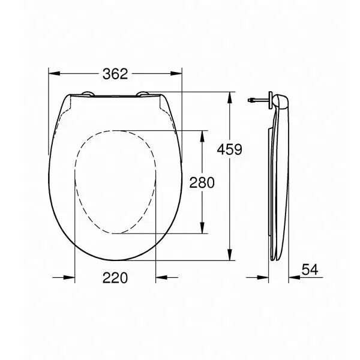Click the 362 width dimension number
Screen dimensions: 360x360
click(x=115, y=74)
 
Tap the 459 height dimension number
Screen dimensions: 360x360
click(x=229, y=149)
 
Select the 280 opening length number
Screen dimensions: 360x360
click(x=202, y=182)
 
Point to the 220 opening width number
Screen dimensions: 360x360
click(x=115, y=278)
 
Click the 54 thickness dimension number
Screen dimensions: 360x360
click(x=310, y=269)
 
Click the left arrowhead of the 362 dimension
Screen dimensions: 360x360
click(x=55, y=73)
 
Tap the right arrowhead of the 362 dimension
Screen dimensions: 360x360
click(x=176, y=73)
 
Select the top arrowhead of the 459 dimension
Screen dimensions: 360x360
click(x=229, y=98)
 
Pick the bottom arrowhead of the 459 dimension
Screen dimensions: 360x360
click(x=229, y=255)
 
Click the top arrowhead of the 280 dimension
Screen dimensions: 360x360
click(x=202, y=136)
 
